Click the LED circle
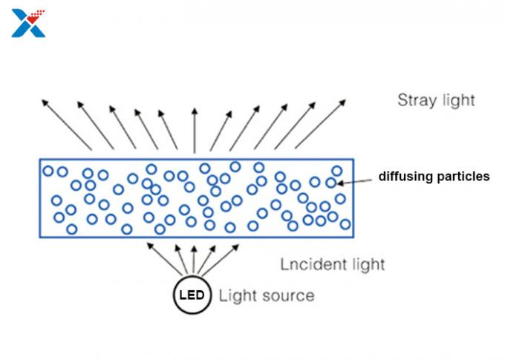click(192, 295)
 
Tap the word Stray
click(417, 100)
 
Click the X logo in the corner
click(28, 23)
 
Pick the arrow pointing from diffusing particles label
click(357, 179)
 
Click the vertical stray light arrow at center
click(195, 130)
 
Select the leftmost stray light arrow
click(66, 122)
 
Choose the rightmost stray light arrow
click(322, 122)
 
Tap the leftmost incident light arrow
click(161, 256)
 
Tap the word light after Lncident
click(365, 264)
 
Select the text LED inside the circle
click(192, 295)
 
